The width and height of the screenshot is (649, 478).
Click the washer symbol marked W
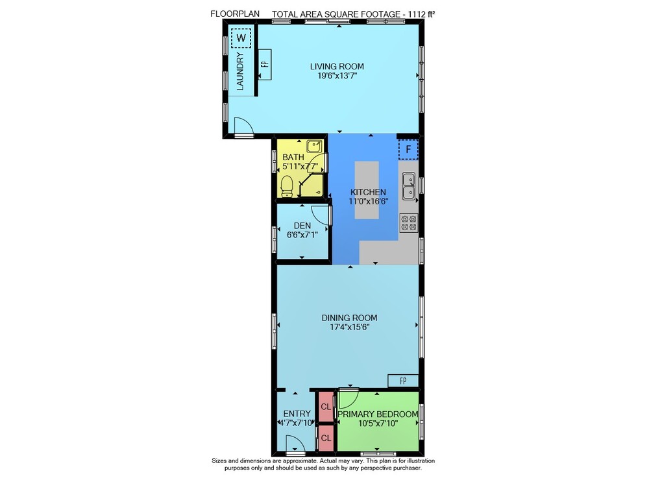click(241, 38)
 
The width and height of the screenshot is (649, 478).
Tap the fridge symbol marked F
click(408, 149)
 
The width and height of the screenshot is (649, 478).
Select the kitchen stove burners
click(408, 223)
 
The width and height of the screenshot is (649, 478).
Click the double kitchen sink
click(409, 186)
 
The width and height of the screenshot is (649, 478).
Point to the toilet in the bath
click(286, 187)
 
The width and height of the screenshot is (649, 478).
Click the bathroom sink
click(315, 146)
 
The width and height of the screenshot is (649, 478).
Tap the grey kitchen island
click(367, 190)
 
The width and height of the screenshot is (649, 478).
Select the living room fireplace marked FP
click(265, 64)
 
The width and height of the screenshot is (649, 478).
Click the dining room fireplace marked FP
click(403, 381)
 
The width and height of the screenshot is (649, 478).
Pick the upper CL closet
click(326, 407)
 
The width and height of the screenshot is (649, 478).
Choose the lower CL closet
click(326, 438)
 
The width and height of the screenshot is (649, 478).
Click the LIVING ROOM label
click(337, 66)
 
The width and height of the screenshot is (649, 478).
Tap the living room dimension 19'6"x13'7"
click(337, 76)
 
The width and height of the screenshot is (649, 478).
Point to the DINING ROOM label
click(349, 318)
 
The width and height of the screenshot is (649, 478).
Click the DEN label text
click(302, 226)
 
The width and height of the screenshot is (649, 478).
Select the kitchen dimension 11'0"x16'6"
click(369, 201)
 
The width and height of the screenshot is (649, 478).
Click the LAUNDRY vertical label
click(240, 71)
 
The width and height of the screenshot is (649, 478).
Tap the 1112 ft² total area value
click(421, 14)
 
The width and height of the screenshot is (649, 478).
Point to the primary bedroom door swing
click(349, 398)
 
